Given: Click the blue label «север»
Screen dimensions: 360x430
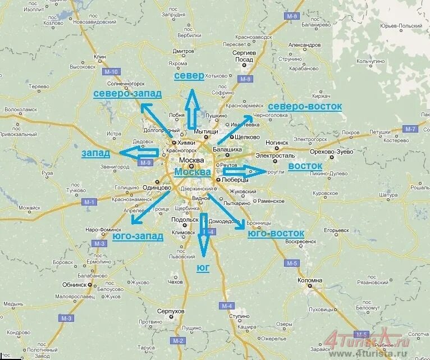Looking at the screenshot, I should pyautogui.click(x=189, y=76).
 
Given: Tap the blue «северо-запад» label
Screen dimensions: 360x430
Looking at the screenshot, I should pyautogui.click(x=127, y=93).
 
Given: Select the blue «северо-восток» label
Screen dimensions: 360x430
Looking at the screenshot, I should pyautogui.click(x=305, y=106).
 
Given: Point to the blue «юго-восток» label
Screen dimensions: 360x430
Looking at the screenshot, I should pyautogui.click(x=276, y=233).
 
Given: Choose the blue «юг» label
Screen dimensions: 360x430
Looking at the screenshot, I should pyautogui.click(x=203, y=268).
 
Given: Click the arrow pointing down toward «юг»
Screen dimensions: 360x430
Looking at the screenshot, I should pyautogui.click(x=203, y=234).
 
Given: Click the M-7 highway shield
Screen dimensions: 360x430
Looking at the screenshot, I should pyautogui.click(x=410, y=129).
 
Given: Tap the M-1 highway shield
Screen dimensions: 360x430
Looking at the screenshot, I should pyautogui.click(x=89, y=202).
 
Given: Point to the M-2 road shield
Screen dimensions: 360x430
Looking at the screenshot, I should pyautogui.click(x=179, y=341).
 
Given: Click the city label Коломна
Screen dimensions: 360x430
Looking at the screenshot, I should pyautogui.click(x=310, y=280).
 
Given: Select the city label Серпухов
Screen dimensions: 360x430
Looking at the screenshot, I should pyautogui.click(x=171, y=311).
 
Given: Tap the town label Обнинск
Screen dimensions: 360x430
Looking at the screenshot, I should pyautogui.click(x=67, y=285).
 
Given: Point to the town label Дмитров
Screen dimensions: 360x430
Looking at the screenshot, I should pyautogui.click(x=180, y=51).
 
